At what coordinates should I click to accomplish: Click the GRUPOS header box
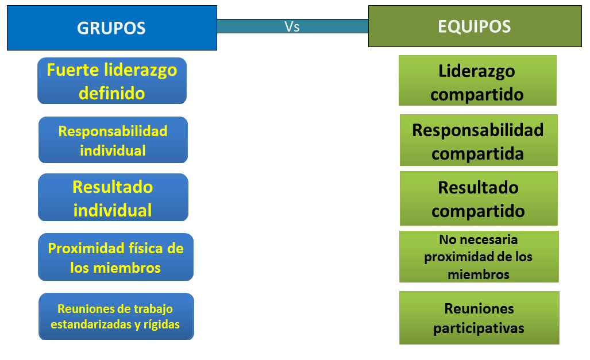pyautogui.click(x=111, y=28)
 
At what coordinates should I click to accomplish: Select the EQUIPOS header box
pyautogui.click(x=474, y=26)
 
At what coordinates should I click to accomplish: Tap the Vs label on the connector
pyautogui.click(x=292, y=26)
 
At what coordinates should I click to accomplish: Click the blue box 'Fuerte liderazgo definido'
pyautogui.click(x=112, y=81)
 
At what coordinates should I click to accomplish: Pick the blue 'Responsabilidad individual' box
pyautogui.click(x=113, y=140)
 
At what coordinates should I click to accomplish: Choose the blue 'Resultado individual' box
pyautogui.click(x=113, y=198)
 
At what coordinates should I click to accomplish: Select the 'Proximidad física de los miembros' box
pyautogui.click(x=115, y=257)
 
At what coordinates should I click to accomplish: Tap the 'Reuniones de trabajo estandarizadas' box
pyautogui.click(x=115, y=316)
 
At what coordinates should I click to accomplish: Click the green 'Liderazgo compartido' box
pyautogui.click(x=477, y=81)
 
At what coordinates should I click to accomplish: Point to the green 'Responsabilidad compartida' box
pyautogui.click(x=478, y=141)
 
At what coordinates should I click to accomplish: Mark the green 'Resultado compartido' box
pyautogui.click(x=478, y=199)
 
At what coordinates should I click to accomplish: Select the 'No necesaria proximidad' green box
pyautogui.click(x=479, y=257)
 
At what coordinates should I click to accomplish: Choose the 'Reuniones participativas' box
pyautogui.click(x=479, y=318)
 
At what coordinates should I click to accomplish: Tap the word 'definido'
pyautogui.click(x=112, y=92)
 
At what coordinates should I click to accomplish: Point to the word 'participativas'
pyautogui.click(x=479, y=329)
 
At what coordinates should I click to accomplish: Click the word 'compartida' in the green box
pyautogui.click(x=477, y=154)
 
